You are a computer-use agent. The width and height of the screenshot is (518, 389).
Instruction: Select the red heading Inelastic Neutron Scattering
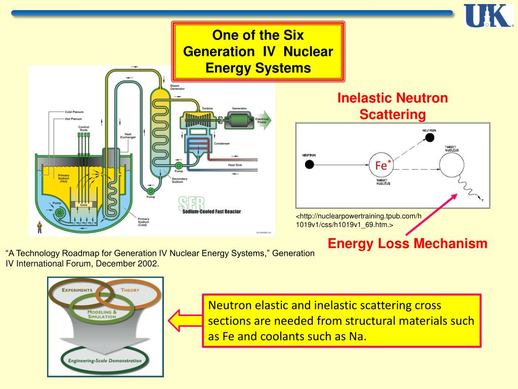[393, 106]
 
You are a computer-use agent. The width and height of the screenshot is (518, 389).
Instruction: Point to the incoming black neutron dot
[310, 164]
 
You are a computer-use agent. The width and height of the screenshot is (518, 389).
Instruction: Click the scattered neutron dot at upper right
[429, 138]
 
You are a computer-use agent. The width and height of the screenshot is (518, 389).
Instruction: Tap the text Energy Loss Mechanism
[407, 244]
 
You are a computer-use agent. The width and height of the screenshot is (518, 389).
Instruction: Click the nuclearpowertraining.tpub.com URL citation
[358, 220]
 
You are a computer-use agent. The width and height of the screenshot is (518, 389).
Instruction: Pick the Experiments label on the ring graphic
[77, 290]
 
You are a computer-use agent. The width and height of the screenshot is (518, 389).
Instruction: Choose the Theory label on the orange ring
[130, 290]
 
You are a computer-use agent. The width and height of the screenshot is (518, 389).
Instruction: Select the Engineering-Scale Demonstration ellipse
[105, 361]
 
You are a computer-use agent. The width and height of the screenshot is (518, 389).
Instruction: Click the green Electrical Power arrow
[263, 121]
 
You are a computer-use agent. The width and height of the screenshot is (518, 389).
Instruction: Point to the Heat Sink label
[235, 165]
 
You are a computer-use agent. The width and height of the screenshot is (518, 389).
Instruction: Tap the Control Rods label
[83, 129]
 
